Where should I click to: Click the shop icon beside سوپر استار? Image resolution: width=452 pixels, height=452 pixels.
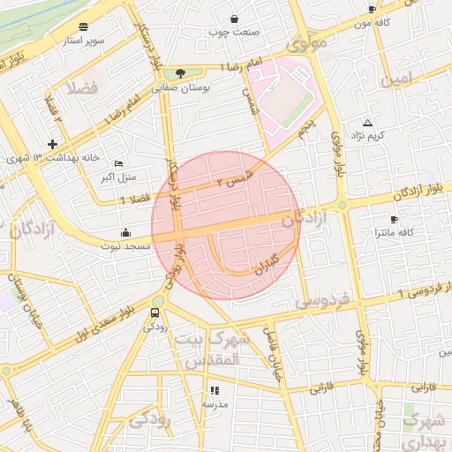(x=83, y=27)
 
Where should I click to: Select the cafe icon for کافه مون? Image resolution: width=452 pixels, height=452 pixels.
(x=372, y=10)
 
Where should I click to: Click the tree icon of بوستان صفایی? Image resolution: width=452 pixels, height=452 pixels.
(x=181, y=73)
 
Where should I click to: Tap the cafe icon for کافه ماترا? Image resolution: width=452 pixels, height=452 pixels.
(x=394, y=219)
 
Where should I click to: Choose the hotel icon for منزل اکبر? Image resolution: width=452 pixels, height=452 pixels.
(x=119, y=164)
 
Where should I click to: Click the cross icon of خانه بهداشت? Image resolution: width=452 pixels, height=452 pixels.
(x=53, y=144)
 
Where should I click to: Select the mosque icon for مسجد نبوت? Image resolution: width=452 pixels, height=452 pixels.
(x=125, y=232)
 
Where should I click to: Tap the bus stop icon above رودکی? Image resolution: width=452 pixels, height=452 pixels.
(x=155, y=312)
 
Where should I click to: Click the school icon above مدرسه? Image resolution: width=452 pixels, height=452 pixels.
(x=214, y=390)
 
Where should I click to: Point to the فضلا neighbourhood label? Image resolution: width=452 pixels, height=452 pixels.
(x=80, y=87)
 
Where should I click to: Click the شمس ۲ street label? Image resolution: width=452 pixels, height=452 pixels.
(x=236, y=179)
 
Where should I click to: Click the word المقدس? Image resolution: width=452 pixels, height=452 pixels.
(x=215, y=360)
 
